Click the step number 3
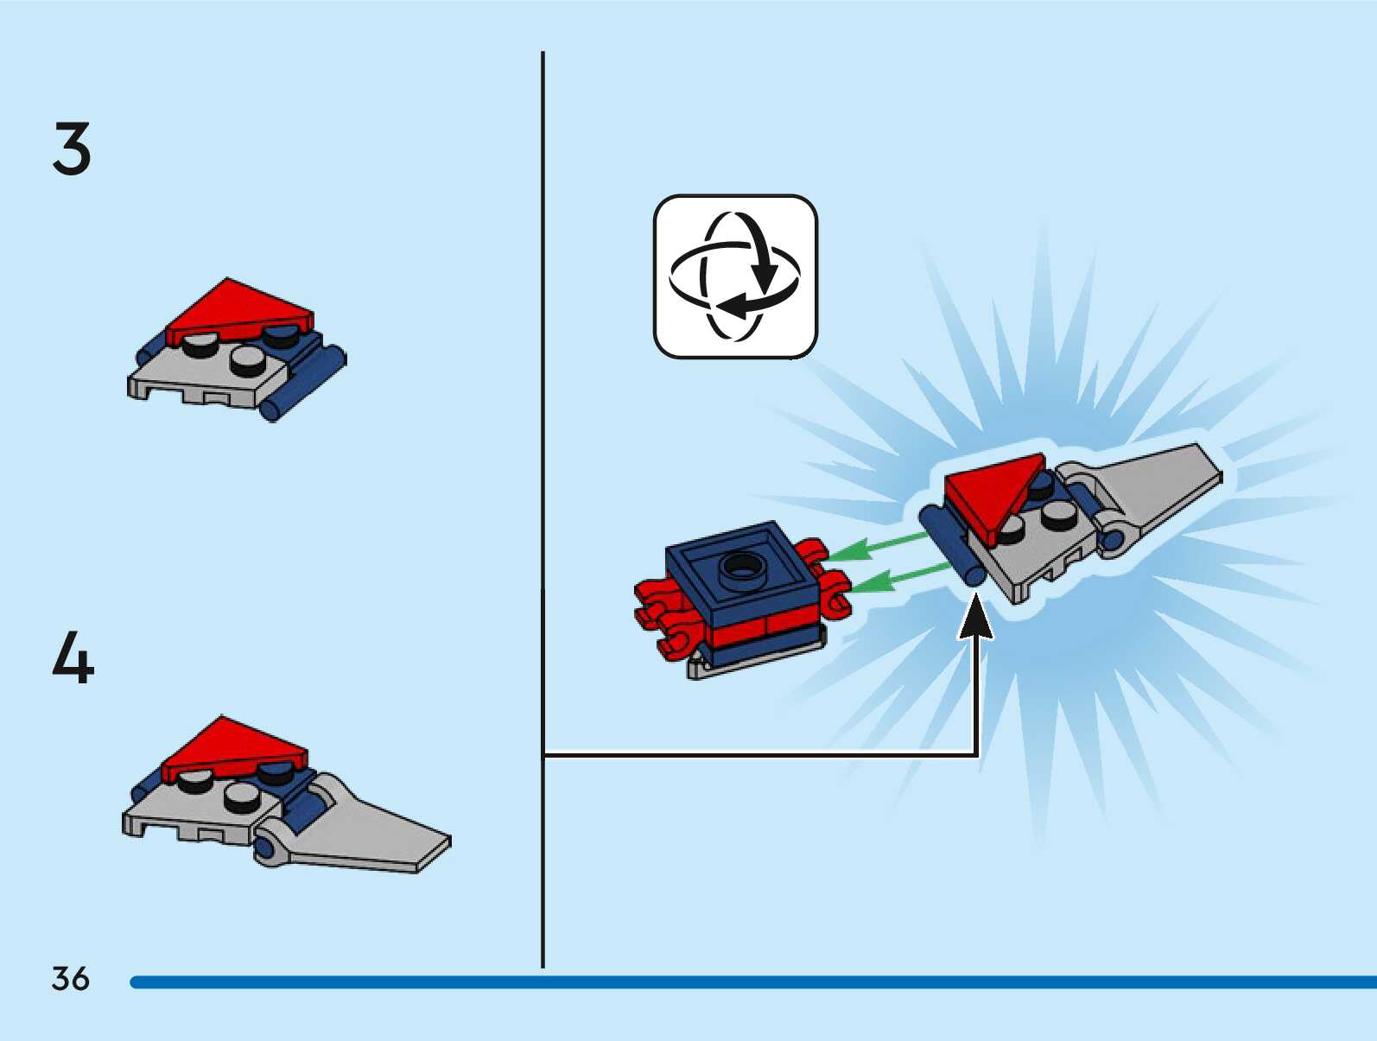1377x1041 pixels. click(71, 149)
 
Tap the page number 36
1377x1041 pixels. click(70, 979)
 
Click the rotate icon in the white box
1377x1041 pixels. click(735, 276)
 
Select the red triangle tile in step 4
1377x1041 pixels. click(232, 746)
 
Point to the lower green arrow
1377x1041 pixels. click(898, 578)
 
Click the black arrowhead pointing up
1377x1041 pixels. click(976, 619)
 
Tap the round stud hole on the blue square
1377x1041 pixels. click(739, 567)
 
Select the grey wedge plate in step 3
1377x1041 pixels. click(207, 376)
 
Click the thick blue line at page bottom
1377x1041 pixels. click(752, 982)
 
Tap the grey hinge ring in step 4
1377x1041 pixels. click(268, 849)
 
